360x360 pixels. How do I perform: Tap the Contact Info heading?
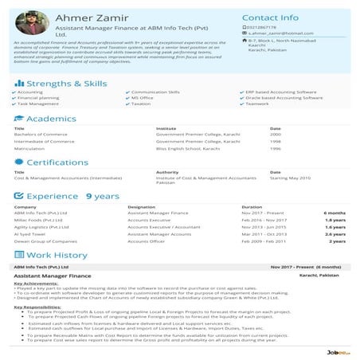coord(270,17)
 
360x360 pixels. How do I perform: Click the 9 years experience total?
coord(102,195)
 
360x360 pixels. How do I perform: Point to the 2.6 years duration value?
coord(335,233)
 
